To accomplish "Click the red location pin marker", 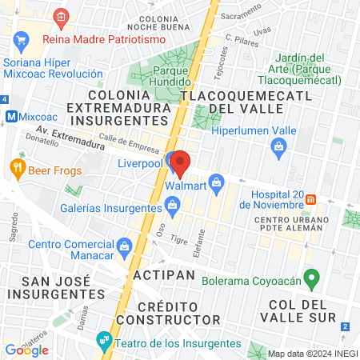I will pyautogui.click(x=181, y=163).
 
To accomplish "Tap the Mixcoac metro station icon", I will pyautogui.click(x=12, y=115).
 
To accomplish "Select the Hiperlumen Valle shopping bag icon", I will pyautogui.click(x=278, y=145).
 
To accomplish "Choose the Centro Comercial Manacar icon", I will pyautogui.click(x=124, y=245).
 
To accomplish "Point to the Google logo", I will pyautogui.click(x=26, y=350).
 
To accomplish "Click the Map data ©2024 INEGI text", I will pyautogui.click(x=312, y=354).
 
